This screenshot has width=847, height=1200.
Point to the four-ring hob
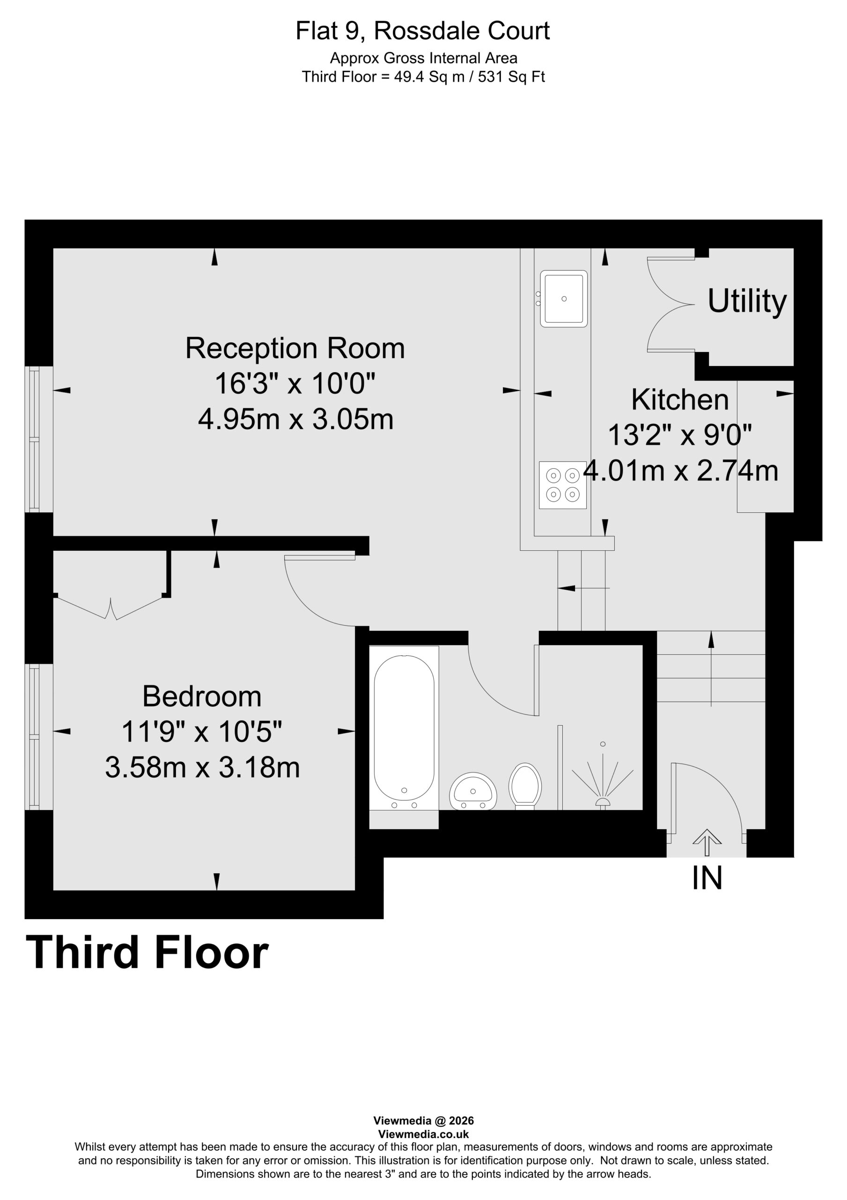click(x=562, y=485)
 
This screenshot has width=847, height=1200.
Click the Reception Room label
click(x=295, y=348)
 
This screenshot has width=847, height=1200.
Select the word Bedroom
click(x=202, y=696)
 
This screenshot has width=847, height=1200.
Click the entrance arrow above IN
click(x=707, y=842)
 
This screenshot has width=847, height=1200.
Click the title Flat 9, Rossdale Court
click(x=422, y=31)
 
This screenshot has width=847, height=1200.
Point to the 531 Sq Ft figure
click(x=511, y=77)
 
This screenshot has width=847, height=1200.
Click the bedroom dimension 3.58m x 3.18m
click(x=203, y=767)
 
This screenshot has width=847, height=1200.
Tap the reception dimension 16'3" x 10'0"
click(x=295, y=383)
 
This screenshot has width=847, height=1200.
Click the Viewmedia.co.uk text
click(x=423, y=1134)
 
